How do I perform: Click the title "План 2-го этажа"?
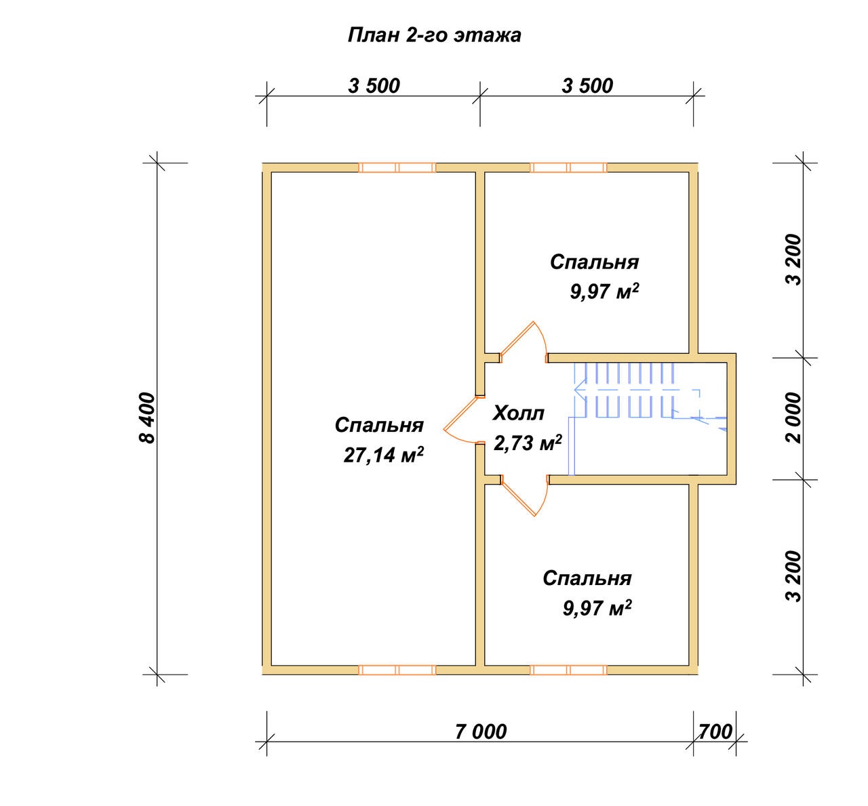[x=434, y=35]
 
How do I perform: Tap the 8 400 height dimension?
[x=148, y=418]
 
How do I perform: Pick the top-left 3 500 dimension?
[x=374, y=85]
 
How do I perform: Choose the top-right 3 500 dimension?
[x=587, y=85]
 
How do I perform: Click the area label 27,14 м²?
[x=383, y=455]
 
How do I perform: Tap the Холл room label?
[x=518, y=413]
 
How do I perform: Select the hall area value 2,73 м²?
[x=528, y=443]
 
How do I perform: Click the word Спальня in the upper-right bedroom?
[x=595, y=262]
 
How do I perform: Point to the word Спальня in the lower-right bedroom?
[x=587, y=578]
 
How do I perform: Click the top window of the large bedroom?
[x=397, y=167]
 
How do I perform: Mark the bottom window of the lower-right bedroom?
[x=568, y=670]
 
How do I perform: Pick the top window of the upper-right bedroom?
[x=568, y=167]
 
